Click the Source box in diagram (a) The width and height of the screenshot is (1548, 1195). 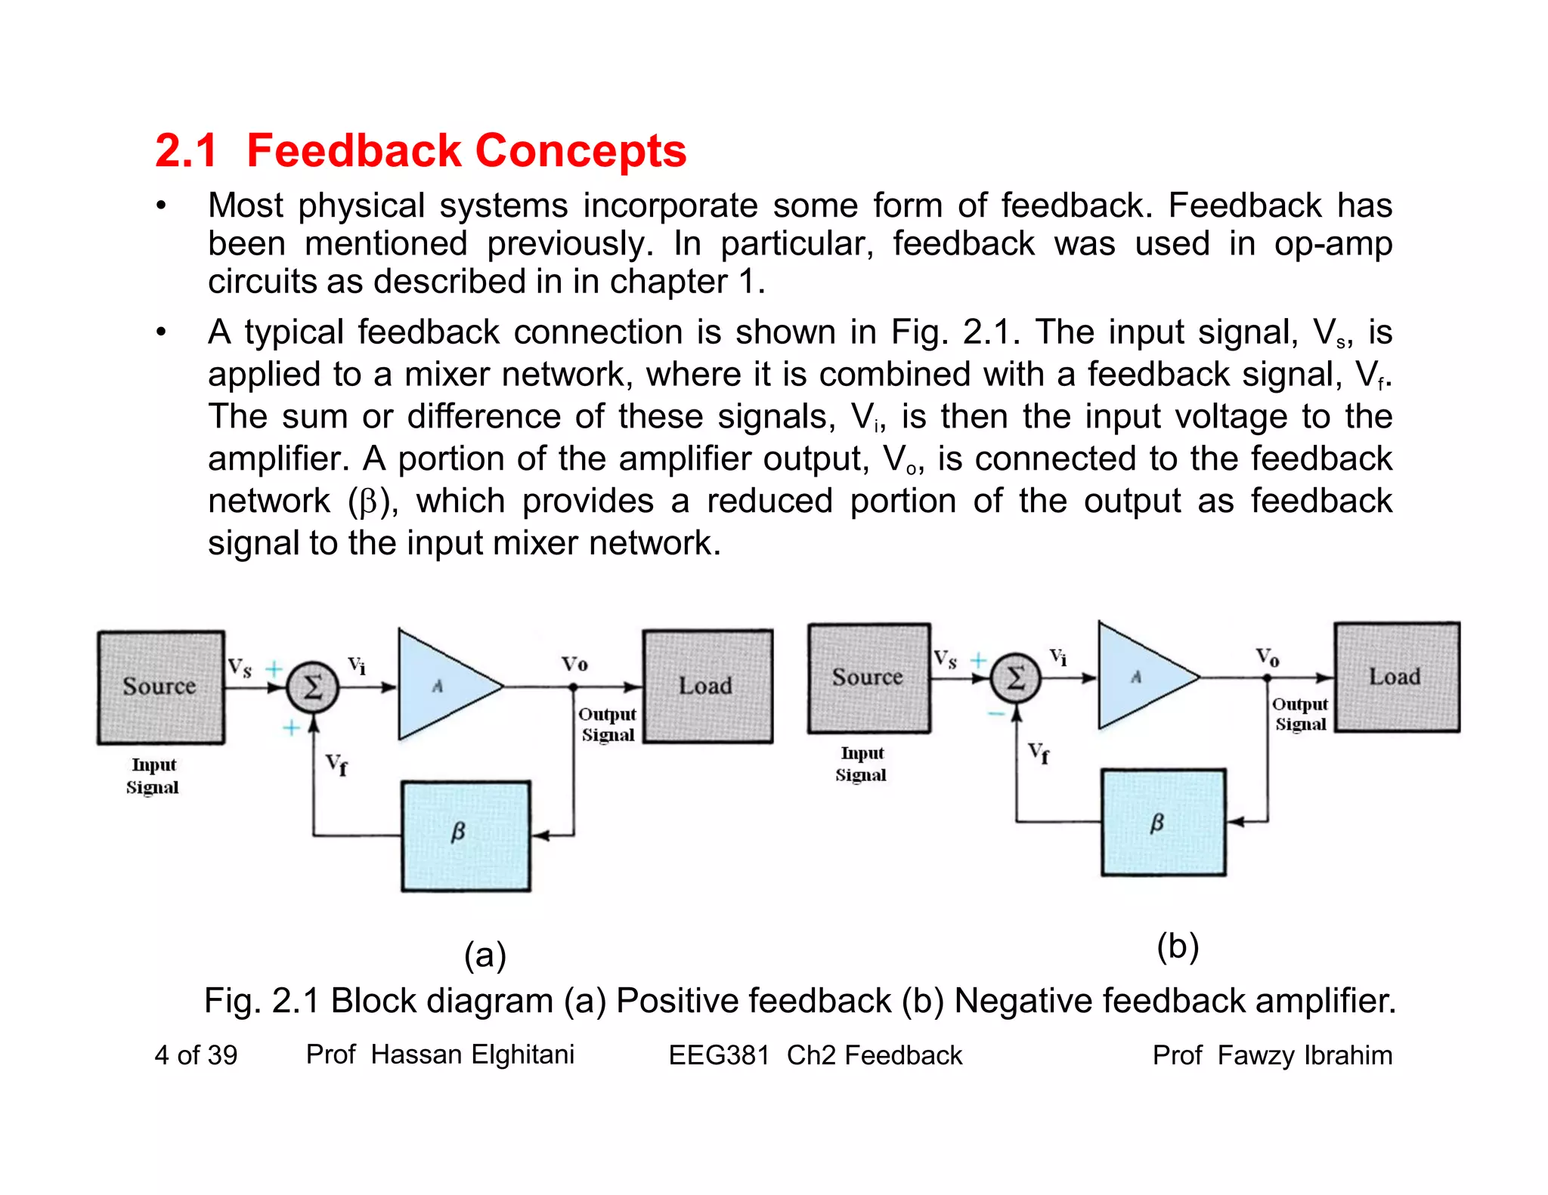160,687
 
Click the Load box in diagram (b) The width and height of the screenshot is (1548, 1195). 1396,677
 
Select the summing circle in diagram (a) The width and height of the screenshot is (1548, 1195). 312,687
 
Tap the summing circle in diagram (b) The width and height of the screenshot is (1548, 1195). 1016,678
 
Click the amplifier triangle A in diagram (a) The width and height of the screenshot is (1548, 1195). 442,686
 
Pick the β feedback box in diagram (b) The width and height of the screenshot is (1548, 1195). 1163,822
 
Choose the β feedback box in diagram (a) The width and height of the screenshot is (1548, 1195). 465,835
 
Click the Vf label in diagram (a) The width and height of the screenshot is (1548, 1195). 337,764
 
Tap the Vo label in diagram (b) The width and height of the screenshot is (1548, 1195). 1268,656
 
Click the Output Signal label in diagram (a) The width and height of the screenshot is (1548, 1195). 608,724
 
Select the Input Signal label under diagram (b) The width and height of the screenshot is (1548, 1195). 862,764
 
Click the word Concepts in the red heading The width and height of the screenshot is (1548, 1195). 580,150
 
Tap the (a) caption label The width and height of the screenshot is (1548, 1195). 485,955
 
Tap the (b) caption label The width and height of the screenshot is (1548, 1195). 1177,946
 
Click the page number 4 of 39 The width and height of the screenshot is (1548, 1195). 196,1055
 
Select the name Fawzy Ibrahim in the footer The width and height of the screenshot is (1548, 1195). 1305,1055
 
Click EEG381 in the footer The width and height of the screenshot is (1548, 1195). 718,1055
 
